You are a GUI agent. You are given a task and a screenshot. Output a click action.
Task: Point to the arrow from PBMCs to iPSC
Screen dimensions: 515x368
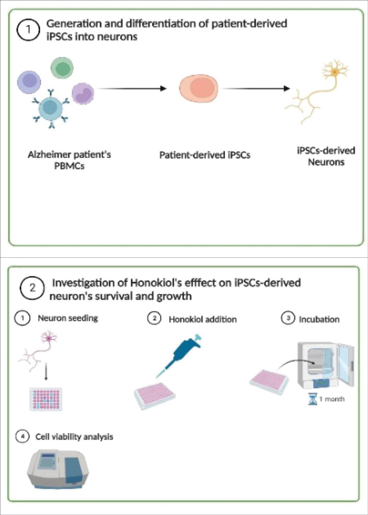coord(132,89)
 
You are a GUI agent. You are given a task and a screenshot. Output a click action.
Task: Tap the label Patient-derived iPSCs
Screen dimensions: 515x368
coord(205,155)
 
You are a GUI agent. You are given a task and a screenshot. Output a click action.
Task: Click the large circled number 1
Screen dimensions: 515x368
coord(28,30)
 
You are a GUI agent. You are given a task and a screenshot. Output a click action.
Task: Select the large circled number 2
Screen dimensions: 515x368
coord(32,288)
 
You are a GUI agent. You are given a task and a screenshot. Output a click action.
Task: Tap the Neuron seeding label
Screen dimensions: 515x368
coord(68,318)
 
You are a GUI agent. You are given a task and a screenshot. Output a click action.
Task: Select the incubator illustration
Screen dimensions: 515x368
coord(325,365)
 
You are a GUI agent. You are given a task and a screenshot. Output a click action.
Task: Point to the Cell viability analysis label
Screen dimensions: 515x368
coord(74,437)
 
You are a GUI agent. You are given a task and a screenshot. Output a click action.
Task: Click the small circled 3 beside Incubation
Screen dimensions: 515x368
coord(288,318)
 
